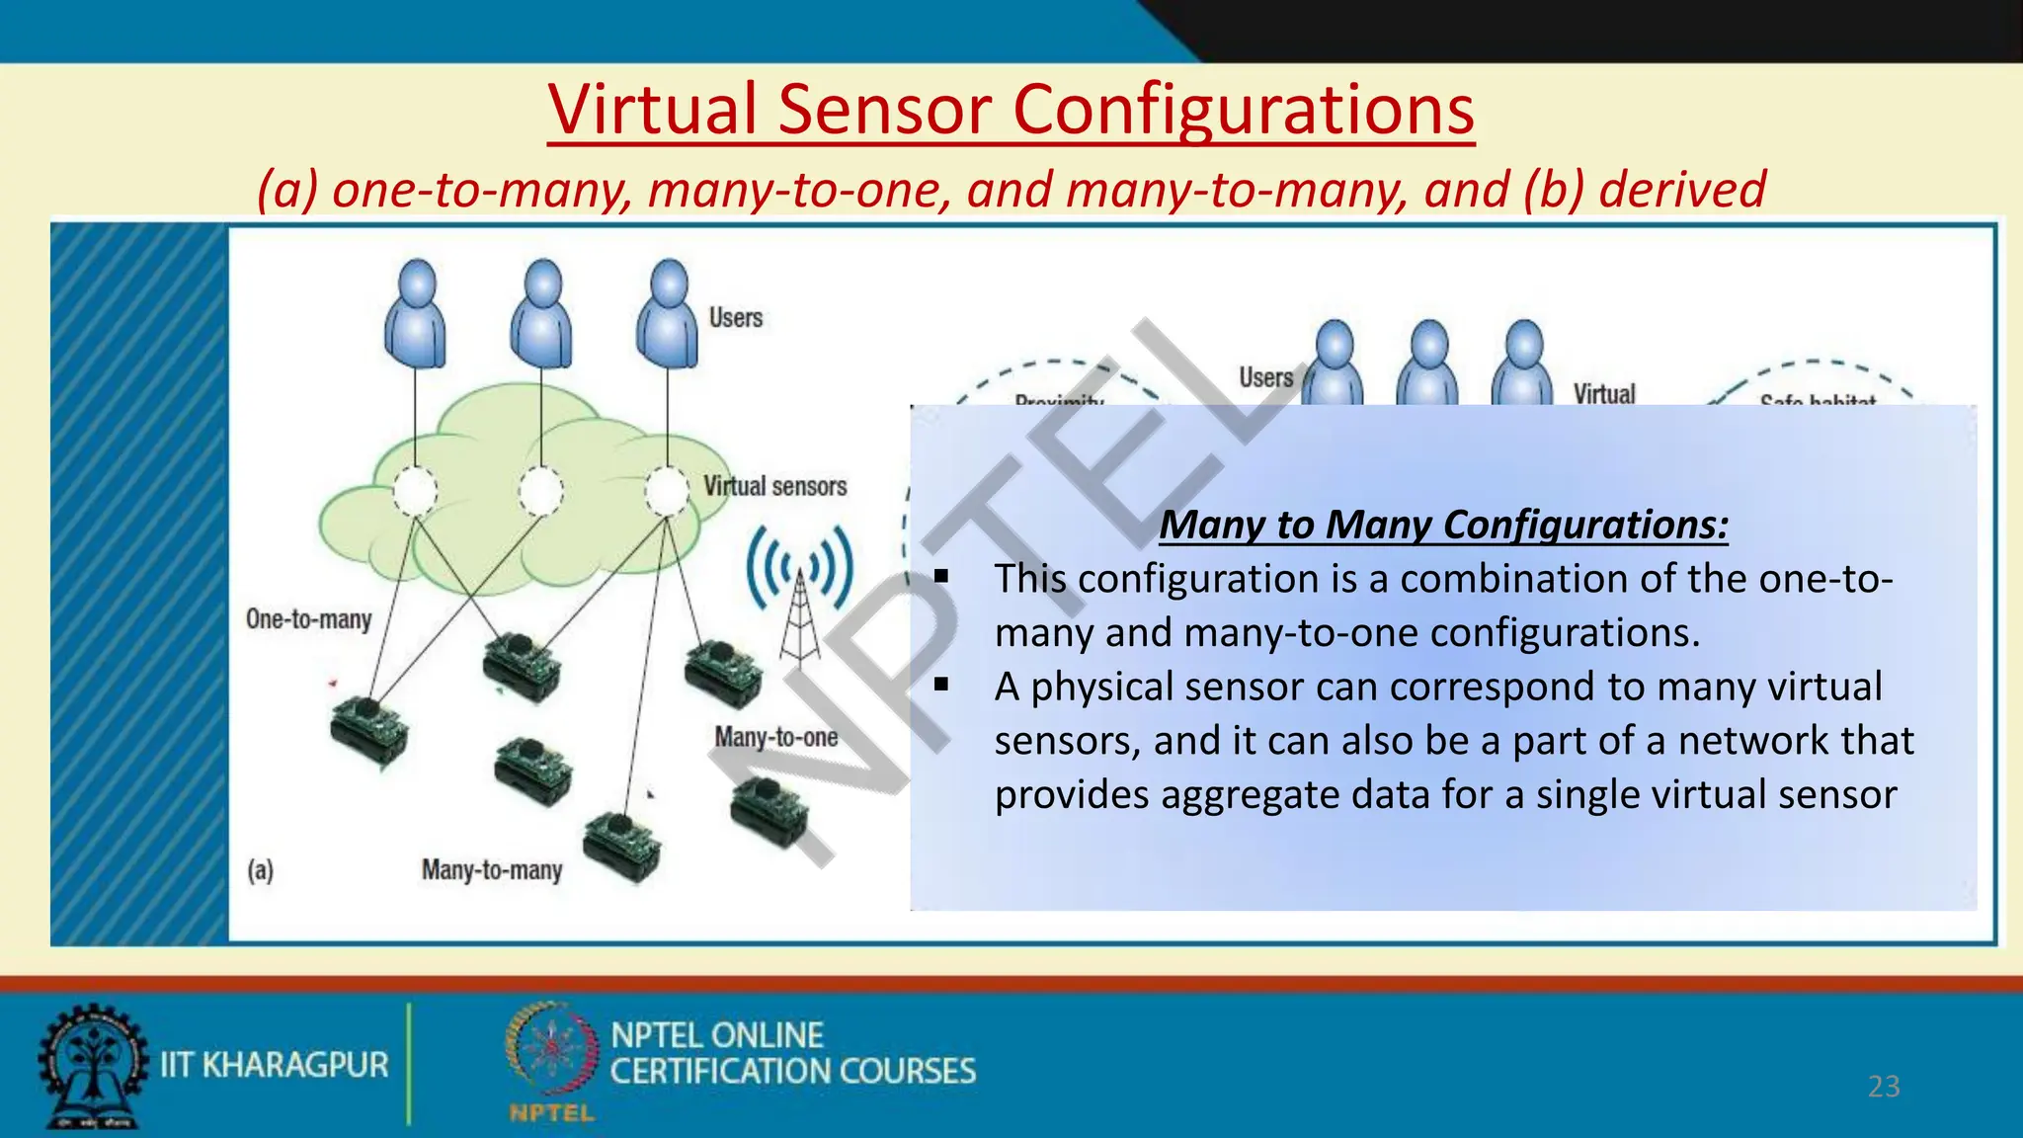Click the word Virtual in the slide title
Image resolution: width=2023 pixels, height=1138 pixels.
[653, 110]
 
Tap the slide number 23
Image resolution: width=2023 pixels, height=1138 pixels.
[1884, 1087]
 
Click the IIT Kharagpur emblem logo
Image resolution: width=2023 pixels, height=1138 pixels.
[90, 1066]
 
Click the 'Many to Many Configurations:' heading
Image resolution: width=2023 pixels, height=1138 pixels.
[1443, 525]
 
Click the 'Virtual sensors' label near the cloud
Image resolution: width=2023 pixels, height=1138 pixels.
[774, 487]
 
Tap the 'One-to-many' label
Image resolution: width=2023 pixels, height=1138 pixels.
[308, 620]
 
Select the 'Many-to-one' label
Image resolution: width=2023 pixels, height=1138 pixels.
[775, 738]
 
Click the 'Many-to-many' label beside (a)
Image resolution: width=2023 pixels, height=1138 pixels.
[491, 870]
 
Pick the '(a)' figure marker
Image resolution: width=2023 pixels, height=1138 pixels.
[260, 870]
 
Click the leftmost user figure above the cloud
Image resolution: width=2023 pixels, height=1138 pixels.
[415, 314]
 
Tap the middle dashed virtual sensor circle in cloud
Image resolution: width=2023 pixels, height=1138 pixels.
[540, 491]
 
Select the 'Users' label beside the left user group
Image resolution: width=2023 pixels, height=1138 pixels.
[735, 318]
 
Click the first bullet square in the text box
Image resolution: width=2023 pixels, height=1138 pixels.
[941, 576]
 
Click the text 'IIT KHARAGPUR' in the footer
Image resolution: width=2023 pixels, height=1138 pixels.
[274, 1065]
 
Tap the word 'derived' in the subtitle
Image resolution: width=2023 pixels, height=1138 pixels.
[1681, 190]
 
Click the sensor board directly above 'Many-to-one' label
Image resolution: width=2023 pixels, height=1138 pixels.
[723, 674]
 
